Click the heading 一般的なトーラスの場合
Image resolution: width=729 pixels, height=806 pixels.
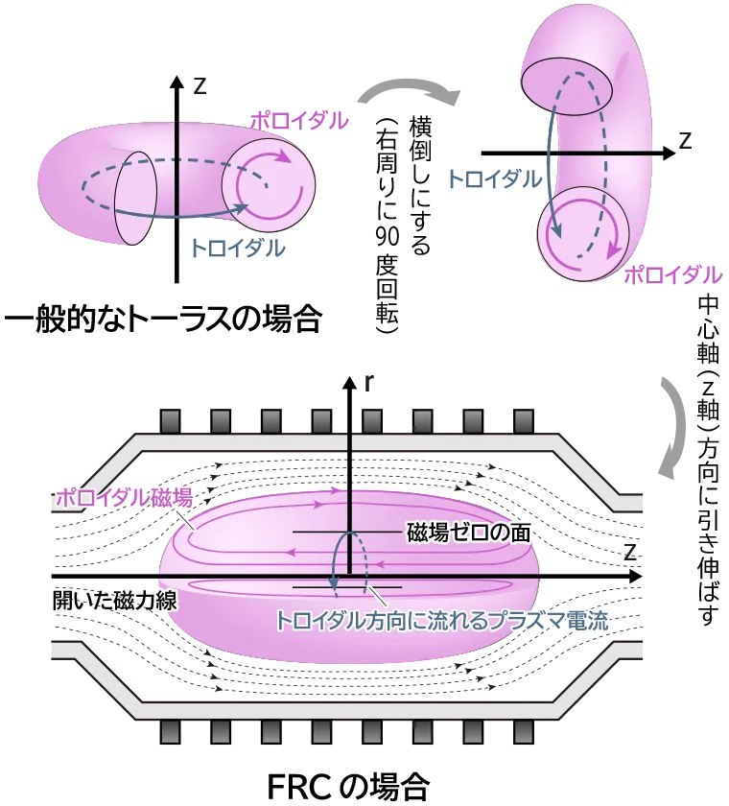point(163,320)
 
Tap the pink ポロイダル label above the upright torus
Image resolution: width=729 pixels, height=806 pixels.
point(299,121)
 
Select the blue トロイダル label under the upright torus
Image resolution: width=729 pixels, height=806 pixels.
point(238,249)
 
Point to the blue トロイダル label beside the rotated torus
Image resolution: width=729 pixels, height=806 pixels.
point(495,179)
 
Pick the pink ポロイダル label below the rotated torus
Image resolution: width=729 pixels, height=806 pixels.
point(673,275)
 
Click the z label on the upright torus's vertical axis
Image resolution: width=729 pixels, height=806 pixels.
point(200,85)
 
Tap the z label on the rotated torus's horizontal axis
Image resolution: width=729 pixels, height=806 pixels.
point(685,140)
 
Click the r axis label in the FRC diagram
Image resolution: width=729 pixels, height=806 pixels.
point(367,384)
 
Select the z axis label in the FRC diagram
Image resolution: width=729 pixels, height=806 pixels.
point(630,552)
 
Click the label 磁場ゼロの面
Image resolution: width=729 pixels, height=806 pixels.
point(468,533)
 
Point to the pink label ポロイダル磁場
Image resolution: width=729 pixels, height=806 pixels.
point(125,498)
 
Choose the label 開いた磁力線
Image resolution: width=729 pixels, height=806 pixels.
point(114,600)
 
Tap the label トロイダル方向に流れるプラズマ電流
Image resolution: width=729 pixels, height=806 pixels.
point(442,621)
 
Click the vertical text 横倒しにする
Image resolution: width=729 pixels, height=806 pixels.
point(420,186)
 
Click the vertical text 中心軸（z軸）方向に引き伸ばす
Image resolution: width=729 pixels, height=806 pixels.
point(708,460)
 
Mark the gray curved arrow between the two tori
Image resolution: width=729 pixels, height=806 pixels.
point(409,93)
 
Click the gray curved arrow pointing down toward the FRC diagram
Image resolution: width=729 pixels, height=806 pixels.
point(674,428)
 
